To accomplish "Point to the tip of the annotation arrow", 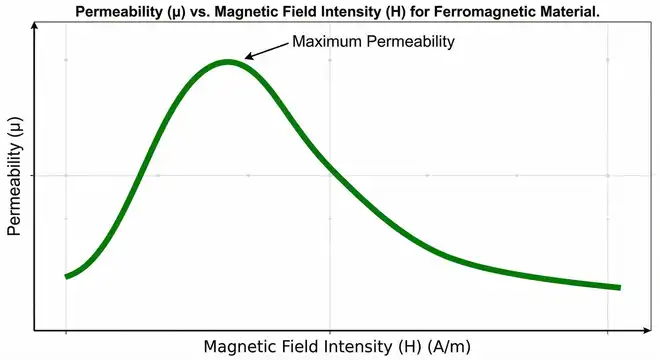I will click(245, 60).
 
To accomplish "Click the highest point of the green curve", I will click(228, 62).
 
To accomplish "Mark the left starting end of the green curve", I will click(67, 276).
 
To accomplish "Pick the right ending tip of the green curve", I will click(619, 287).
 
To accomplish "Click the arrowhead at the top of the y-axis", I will click(35, 23).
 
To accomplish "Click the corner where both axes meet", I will click(35, 329).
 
